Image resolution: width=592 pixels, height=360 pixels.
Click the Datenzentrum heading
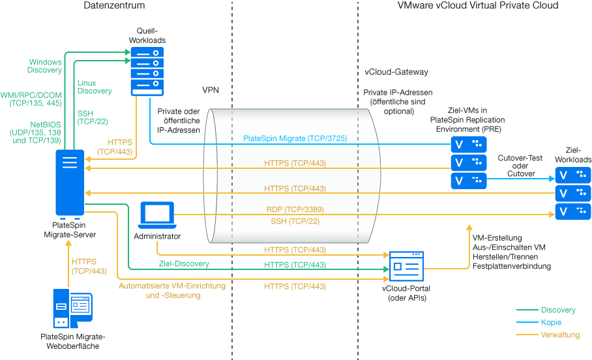click(x=114, y=6)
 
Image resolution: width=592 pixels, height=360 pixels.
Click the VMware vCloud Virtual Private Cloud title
click(x=477, y=6)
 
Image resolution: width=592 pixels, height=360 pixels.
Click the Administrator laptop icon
click(x=157, y=215)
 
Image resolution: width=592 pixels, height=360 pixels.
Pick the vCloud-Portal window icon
click(x=406, y=266)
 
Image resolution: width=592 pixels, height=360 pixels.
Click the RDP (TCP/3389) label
click(x=295, y=209)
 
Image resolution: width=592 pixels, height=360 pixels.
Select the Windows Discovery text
click(x=44, y=66)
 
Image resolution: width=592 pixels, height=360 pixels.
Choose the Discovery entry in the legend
click(x=558, y=310)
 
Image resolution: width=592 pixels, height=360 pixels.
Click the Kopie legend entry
click(x=551, y=322)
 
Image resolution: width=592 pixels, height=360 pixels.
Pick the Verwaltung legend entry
click(x=559, y=335)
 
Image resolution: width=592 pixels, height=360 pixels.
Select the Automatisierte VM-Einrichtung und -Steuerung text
click(x=172, y=290)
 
